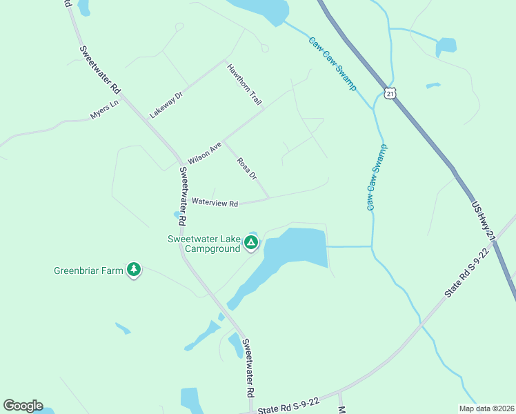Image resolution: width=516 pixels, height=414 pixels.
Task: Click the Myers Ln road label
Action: coord(105,110)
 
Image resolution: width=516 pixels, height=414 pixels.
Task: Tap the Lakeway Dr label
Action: coord(166,102)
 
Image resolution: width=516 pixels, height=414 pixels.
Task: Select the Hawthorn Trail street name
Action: coord(245,84)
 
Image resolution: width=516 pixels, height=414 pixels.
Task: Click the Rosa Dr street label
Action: coord(246,168)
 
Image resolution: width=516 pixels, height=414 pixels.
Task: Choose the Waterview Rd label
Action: coord(215,203)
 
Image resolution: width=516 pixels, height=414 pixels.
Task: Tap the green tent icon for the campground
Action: coord(251,242)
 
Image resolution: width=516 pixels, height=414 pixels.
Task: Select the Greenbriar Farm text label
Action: coord(88,270)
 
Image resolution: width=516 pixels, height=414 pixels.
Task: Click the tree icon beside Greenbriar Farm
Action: coord(134,270)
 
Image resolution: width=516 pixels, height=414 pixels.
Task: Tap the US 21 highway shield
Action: coord(390,94)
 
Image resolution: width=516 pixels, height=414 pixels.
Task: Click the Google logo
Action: coord(23,405)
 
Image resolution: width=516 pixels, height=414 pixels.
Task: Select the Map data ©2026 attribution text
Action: coord(486,408)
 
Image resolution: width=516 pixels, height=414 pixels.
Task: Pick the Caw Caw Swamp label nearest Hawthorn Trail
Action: coord(332,63)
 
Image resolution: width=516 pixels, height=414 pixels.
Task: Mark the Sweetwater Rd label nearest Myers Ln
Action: coord(100,70)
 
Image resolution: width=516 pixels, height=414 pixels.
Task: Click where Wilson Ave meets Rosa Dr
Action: coord(223,141)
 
